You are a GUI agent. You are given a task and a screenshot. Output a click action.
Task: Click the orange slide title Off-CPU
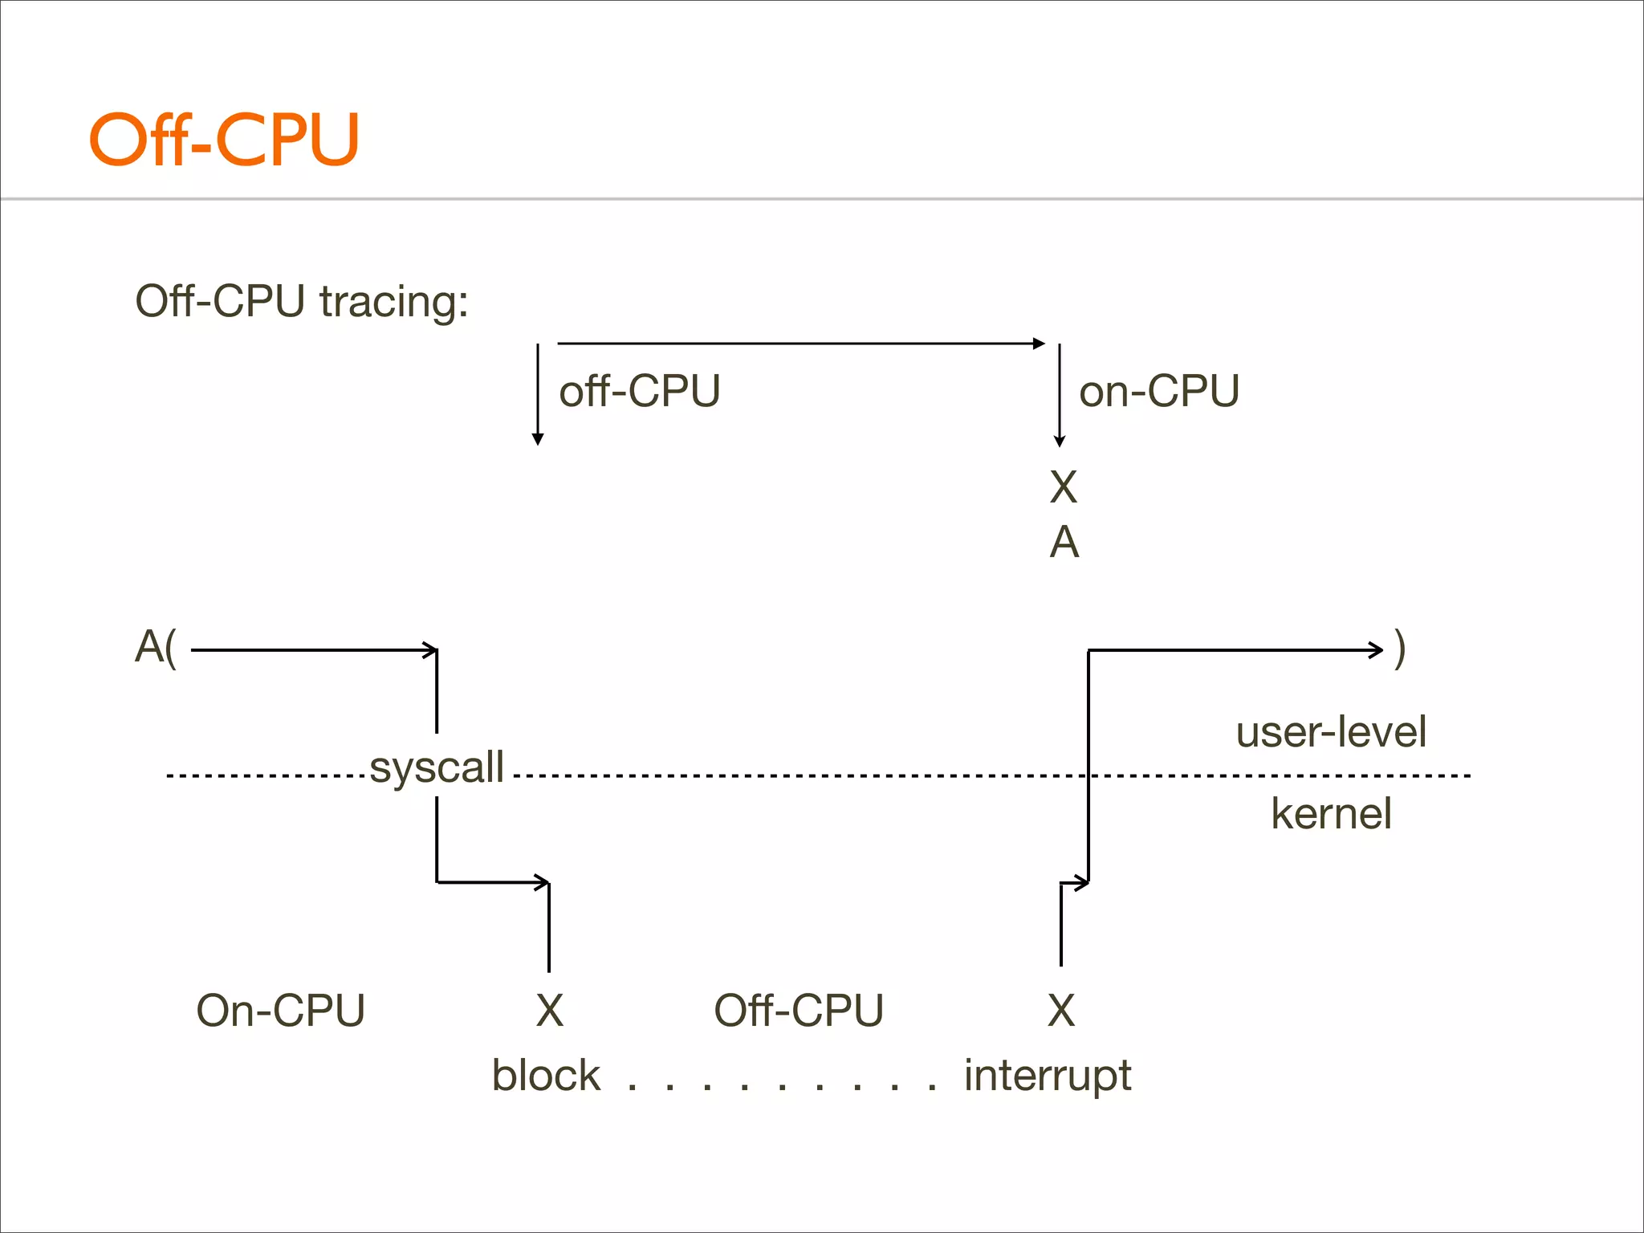point(224,140)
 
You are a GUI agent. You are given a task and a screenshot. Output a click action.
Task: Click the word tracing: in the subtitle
point(393,303)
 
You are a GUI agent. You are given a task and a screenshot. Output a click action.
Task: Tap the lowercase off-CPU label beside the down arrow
point(639,392)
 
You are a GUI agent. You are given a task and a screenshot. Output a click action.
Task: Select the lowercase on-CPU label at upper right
point(1158,392)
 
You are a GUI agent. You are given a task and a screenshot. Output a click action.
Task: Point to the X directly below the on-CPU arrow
point(1063,487)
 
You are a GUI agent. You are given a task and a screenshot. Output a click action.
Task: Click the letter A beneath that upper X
point(1064,543)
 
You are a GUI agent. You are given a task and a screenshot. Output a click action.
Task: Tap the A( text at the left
point(155,647)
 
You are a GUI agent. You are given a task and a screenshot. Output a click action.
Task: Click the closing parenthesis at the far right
point(1399,649)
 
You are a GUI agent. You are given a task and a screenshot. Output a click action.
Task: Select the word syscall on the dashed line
point(437,767)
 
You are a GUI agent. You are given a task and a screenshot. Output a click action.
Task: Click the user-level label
point(1330,732)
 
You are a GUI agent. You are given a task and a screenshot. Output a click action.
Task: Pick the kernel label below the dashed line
point(1330,814)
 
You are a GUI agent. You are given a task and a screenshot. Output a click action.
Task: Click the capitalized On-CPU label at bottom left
point(280,1011)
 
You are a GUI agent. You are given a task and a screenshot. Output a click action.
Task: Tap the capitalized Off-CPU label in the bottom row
point(798,1011)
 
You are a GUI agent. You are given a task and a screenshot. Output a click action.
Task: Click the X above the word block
point(549,1011)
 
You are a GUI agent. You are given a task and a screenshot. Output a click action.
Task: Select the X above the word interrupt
point(1060,1011)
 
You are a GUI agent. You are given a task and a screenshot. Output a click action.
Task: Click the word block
point(545,1076)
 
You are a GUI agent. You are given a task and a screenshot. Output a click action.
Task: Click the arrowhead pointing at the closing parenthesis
point(1376,649)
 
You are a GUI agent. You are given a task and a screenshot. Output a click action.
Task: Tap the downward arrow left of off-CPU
point(538,393)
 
